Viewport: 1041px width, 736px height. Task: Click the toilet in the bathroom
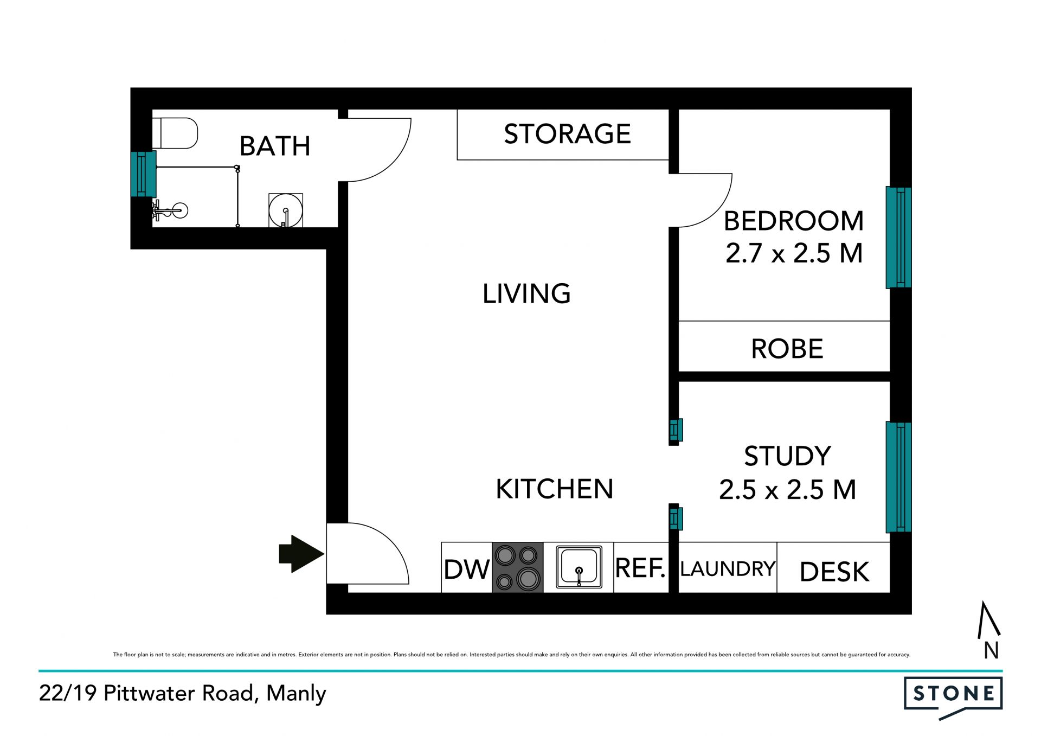click(x=175, y=133)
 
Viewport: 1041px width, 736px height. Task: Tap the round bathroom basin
click(x=286, y=210)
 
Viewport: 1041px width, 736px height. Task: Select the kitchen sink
click(x=579, y=567)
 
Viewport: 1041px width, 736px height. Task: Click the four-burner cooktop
click(x=517, y=567)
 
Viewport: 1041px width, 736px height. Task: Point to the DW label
click(x=466, y=569)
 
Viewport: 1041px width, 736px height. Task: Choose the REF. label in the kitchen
click(x=640, y=568)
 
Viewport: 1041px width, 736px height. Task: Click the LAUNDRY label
click(x=728, y=568)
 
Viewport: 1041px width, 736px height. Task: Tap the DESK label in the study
click(x=834, y=572)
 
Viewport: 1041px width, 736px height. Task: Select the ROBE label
click(x=787, y=349)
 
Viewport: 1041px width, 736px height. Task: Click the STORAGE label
click(x=568, y=133)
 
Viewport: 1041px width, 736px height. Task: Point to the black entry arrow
click(x=301, y=554)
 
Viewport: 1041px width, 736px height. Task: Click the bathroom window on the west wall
click(x=144, y=174)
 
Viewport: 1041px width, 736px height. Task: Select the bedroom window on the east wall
click(x=898, y=237)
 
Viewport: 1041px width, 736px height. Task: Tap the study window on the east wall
click(x=898, y=477)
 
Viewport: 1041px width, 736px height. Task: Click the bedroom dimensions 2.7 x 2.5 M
click(x=794, y=253)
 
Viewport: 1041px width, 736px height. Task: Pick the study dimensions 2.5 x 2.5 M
click(x=788, y=490)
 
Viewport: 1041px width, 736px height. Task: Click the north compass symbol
click(x=989, y=629)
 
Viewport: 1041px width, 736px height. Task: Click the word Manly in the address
click(x=296, y=694)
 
